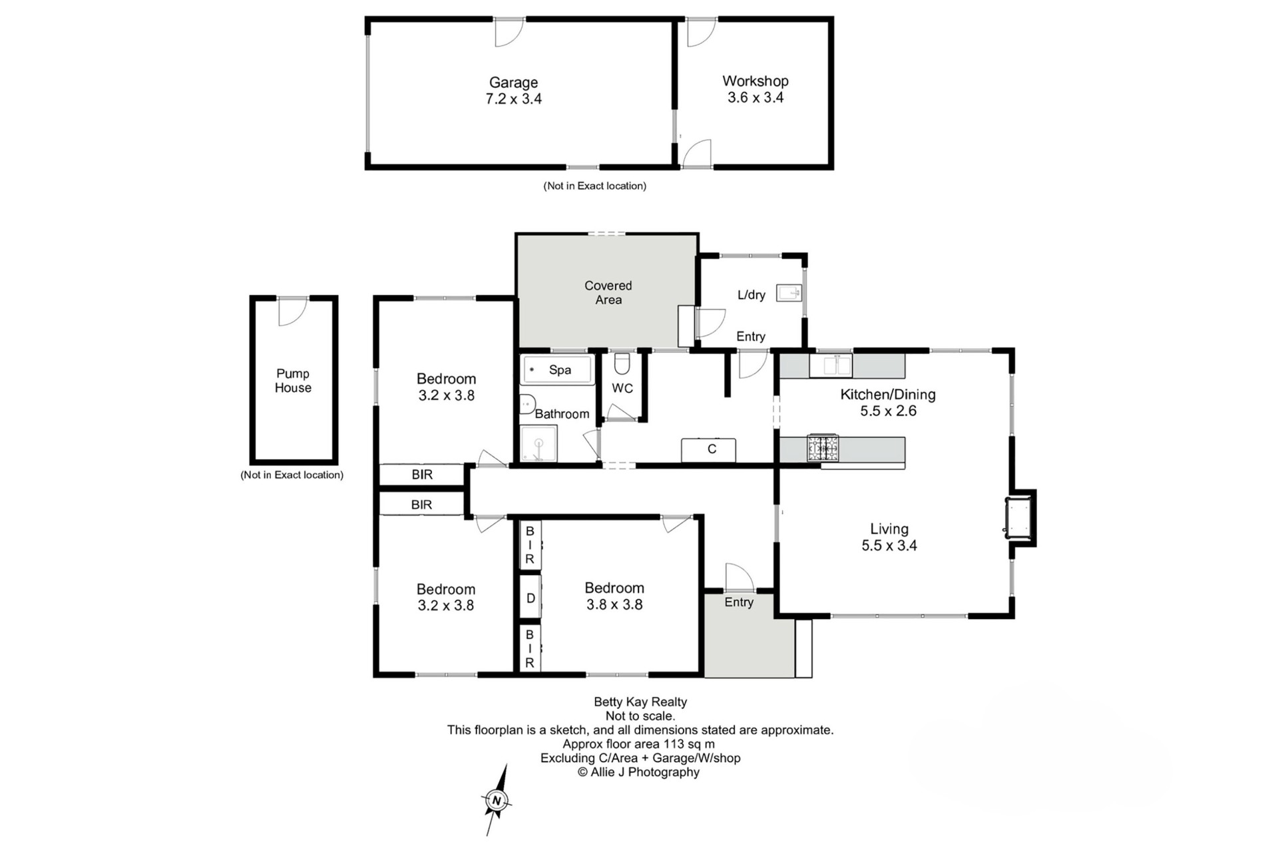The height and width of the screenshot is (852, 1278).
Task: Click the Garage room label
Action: click(513, 83)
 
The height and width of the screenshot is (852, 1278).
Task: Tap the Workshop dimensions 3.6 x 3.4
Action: click(755, 98)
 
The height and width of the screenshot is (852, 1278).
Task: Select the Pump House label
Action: click(293, 381)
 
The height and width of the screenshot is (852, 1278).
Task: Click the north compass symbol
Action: click(496, 800)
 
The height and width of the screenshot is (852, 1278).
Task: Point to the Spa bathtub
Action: click(558, 370)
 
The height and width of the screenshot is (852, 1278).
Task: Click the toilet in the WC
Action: click(622, 364)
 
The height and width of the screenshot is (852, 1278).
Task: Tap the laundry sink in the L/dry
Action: click(789, 292)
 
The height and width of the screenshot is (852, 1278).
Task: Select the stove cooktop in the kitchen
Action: click(823, 449)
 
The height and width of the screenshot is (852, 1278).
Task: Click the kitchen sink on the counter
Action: click(831, 365)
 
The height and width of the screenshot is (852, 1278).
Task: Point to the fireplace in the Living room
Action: click(1018, 518)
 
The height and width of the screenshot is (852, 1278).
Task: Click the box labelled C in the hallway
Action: click(708, 450)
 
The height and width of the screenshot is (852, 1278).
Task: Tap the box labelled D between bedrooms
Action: click(531, 598)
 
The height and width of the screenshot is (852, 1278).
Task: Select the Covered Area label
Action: click(608, 293)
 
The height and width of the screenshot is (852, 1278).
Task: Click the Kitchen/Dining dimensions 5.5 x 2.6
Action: click(888, 411)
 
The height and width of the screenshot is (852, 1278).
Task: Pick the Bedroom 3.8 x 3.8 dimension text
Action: click(614, 605)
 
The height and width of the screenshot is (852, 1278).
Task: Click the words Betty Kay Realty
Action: click(640, 702)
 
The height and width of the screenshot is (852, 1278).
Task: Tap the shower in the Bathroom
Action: click(538, 443)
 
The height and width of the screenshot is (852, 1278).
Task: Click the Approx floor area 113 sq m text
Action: click(639, 744)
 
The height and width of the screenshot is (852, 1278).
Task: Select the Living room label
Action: click(889, 529)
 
